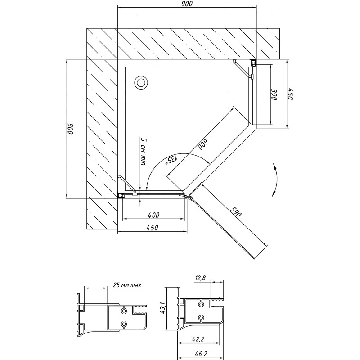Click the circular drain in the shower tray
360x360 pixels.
[x=141, y=83]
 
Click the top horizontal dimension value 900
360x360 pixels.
[x=187, y=4]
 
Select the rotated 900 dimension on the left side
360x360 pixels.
[x=70, y=129]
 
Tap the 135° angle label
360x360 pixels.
[x=171, y=160]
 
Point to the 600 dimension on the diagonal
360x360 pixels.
[x=203, y=144]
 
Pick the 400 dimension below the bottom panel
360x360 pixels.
[x=153, y=215]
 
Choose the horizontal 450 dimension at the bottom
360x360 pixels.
[x=152, y=228]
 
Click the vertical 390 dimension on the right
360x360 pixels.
[x=274, y=94]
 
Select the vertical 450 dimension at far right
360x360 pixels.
[x=291, y=94]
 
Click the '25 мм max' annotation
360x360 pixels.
[x=127, y=285]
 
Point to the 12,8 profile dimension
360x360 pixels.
[x=200, y=278]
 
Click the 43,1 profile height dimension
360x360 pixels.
[x=162, y=308]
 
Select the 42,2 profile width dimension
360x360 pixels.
[x=198, y=339]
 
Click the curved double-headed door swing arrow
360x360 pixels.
[x=277, y=180]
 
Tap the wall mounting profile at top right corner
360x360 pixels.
[x=253, y=62]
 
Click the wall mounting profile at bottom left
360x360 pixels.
[x=121, y=196]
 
